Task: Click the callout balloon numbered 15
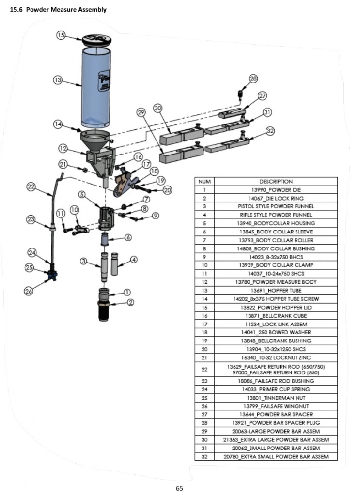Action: point(61,35)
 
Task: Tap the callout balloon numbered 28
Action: point(253,79)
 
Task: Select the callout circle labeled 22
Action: point(31,186)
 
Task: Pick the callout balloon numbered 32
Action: point(270,131)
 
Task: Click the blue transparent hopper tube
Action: point(94,87)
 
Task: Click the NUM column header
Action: point(204,181)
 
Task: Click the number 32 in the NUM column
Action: point(204,456)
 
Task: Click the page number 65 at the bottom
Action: point(179,488)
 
